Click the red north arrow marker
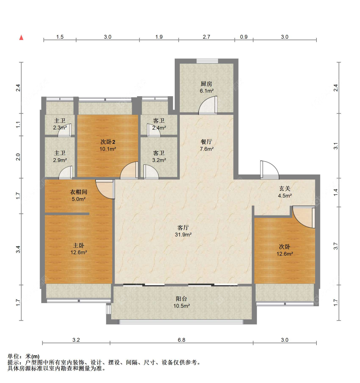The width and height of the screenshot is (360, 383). [21, 37]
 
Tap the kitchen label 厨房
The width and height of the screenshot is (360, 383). [206, 84]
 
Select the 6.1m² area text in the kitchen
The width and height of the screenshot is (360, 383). [207, 91]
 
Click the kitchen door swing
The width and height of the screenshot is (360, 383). [208, 105]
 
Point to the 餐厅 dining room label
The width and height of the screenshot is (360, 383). [206, 142]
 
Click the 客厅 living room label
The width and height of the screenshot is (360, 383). [183, 228]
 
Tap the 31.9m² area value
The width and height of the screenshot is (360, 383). [183, 234]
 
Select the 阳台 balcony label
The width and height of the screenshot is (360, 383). [181, 299]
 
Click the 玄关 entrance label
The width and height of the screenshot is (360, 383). [285, 189]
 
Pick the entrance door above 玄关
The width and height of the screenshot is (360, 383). [269, 170]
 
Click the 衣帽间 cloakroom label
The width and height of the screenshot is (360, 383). [78, 192]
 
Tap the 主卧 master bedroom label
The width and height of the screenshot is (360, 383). [78, 246]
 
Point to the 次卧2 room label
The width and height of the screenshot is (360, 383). [108, 142]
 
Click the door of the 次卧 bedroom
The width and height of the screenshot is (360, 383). [304, 217]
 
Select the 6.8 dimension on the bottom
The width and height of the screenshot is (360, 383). [181, 340]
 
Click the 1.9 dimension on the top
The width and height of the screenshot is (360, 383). [159, 37]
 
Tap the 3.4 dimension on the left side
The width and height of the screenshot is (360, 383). [18, 249]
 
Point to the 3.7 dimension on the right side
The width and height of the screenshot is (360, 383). [336, 246]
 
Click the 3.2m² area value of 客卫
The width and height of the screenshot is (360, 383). [159, 160]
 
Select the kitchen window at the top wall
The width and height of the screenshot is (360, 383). [207, 61]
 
